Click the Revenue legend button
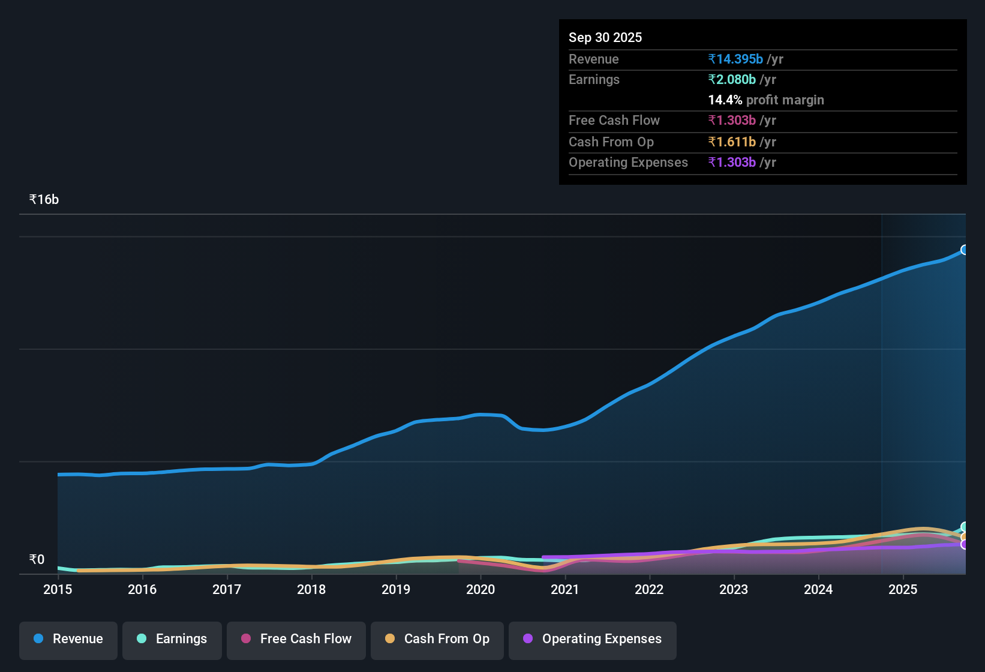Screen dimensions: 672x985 [68, 639]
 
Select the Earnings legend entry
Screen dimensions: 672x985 [172, 639]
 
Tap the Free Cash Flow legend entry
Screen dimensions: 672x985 [296, 639]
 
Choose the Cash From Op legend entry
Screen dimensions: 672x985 [437, 639]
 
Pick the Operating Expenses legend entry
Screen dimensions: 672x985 [593, 639]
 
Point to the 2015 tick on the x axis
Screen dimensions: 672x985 [58, 589]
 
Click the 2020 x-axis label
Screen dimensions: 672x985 [481, 589]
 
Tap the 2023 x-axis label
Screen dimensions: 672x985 [734, 589]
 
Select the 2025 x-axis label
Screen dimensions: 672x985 [903, 589]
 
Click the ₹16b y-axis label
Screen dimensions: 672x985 [44, 200]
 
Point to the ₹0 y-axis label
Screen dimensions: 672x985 [37, 560]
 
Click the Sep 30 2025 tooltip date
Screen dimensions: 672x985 [605, 37]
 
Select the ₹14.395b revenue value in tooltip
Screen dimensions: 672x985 [735, 59]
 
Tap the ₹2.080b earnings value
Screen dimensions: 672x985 [732, 79]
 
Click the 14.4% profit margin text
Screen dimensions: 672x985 [766, 100]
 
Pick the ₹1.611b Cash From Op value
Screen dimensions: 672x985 [732, 142]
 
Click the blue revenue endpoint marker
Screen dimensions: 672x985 [965, 250]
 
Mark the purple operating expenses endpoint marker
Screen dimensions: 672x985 [965, 545]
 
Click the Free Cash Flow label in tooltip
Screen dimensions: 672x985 [614, 121]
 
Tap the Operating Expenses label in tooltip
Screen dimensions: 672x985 [628, 163]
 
